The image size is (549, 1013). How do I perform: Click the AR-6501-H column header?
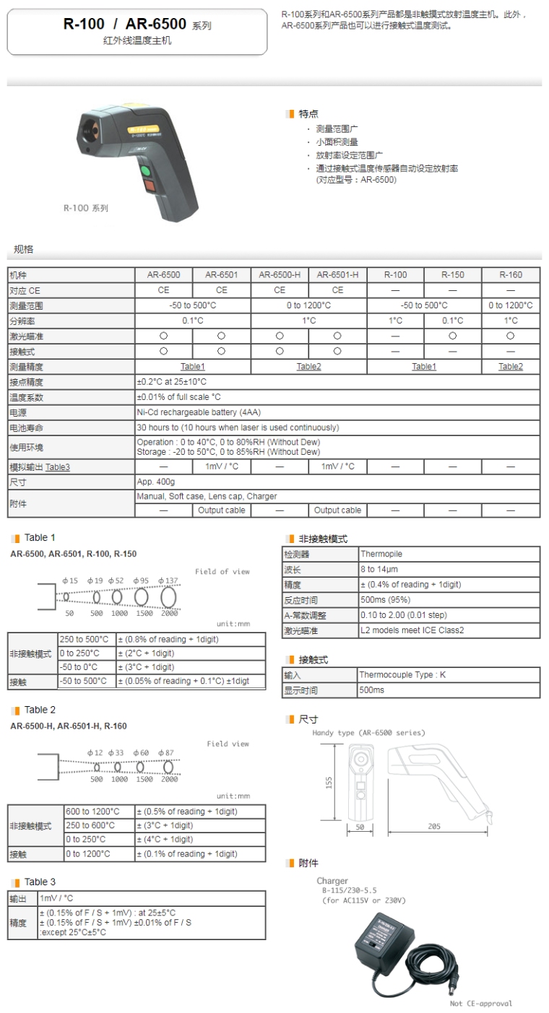(x=337, y=275)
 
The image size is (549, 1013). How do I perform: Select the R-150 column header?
(x=453, y=275)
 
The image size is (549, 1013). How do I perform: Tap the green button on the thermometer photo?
(x=146, y=172)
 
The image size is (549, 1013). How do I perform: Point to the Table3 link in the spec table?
(x=58, y=467)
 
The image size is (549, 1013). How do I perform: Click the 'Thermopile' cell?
(x=381, y=555)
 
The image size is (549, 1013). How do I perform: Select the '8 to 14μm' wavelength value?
(x=379, y=570)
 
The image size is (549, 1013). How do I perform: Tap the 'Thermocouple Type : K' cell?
(x=402, y=675)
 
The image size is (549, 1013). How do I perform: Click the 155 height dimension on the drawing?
(x=329, y=783)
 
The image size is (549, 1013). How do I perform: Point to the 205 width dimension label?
(x=433, y=827)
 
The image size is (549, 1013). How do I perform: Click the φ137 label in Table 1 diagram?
(x=168, y=581)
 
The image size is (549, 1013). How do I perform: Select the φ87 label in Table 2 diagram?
(x=166, y=753)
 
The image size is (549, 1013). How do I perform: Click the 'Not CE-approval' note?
(x=480, y=1004)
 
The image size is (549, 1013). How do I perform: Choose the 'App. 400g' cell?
(x=155, y=482)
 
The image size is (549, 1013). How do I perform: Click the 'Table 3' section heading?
(x=40, y=882)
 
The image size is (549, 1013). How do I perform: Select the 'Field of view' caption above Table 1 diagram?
(x=222, y=572)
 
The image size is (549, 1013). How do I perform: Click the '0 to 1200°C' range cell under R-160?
(x=511, y=305)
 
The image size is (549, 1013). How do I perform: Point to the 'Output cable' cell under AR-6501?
(x=221, y=510)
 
